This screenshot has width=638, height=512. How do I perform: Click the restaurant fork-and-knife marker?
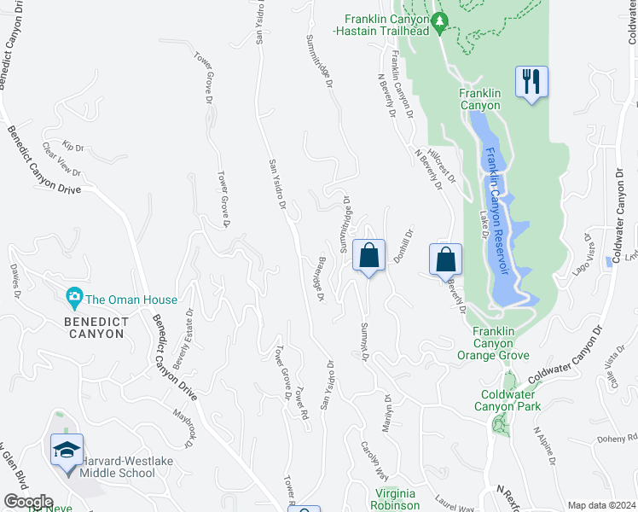[x=531, y=83]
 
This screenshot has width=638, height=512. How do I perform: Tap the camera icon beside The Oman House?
[x=74, y=300]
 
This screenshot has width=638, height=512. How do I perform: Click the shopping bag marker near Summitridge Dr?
[x=368, y=256]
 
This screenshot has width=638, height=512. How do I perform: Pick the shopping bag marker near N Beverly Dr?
[x=445, y=259]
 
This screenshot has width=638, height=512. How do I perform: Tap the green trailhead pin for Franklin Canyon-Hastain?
[x=440, y=23]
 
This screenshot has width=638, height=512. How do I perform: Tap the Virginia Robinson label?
[x=397, y=499]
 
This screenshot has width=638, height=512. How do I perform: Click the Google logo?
[x=28, y=502]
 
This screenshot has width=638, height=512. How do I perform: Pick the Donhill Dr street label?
[x=403, y=246]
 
